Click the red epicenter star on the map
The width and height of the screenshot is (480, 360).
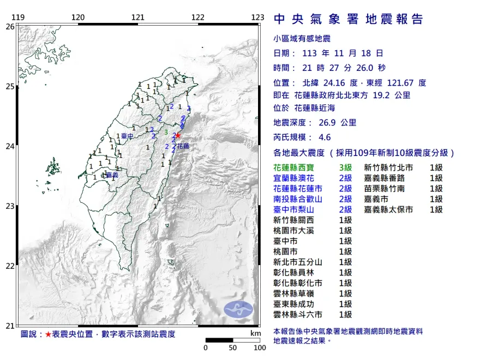pyautogui.click(x=178, y=136)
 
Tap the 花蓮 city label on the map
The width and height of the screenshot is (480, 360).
pyautogui.click(x=183, y=147)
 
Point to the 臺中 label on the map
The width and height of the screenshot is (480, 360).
pyautogui.click(x=127, y=136)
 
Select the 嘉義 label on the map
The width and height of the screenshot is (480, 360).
pyautogui.click(x=112, y=175)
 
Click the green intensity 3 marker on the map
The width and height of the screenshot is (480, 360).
pyautogui.click(x=166, y=132)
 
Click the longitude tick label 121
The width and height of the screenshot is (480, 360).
pyautogui.click(x=138, y=17)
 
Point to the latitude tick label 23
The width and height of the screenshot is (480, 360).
pyautogui.click(x=10, y=206)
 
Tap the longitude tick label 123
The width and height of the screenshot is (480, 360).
pyautogui.click(x=257, y=17)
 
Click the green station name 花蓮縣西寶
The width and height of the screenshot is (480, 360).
pyautogui.click(x=294, y=167)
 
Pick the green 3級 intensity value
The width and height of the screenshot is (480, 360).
pyautogui.click(x=345, y=167)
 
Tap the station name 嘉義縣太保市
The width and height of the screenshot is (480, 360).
pyautogui.click(x=388, y=209)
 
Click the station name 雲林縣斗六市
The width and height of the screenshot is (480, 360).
pyautogui.click(x=298, y=314)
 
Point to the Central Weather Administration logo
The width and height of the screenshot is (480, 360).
pyautogui.click(x=239, y=309)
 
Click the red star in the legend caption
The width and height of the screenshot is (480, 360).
pyautogui.click(x=49, y=334)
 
